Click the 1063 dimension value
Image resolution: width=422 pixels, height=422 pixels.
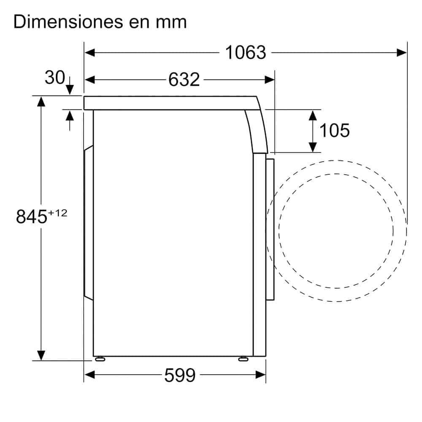pos(246,52)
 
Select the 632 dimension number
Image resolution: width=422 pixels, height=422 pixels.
pos(184,80)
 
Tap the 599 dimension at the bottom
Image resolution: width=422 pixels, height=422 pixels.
pos(180,375)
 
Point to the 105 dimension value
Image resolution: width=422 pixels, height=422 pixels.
pos(335,130)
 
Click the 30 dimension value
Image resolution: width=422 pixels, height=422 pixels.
pos(55,78)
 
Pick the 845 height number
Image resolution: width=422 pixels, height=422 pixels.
pos(32,216)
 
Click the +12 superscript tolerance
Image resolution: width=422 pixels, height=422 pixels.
pos(57,213)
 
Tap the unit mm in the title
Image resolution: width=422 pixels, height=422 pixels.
pos(171,23)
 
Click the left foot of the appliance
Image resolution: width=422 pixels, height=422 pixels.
pos(100,359)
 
